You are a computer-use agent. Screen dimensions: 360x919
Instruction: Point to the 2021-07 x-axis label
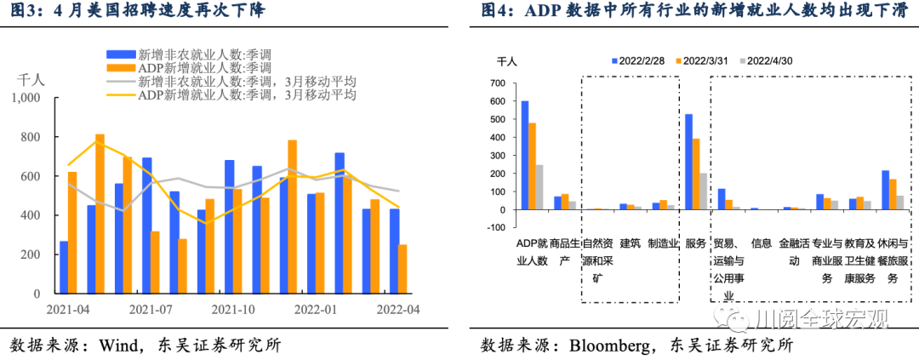coord(151,310)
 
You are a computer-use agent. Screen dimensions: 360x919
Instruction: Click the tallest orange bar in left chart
coord(100,214)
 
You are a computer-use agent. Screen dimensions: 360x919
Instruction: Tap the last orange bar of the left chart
coord(402,269)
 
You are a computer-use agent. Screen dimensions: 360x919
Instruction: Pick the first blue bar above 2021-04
coord(63,267)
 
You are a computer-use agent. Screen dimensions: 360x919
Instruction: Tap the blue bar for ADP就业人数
coord(524,155)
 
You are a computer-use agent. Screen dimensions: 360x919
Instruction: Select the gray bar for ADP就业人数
coord(539,187)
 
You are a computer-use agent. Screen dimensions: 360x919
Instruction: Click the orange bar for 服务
coord(695,174)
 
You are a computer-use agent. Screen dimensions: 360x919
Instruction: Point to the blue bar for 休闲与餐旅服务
coord(886,190)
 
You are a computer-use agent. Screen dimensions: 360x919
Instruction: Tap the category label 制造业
coord(664,243)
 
